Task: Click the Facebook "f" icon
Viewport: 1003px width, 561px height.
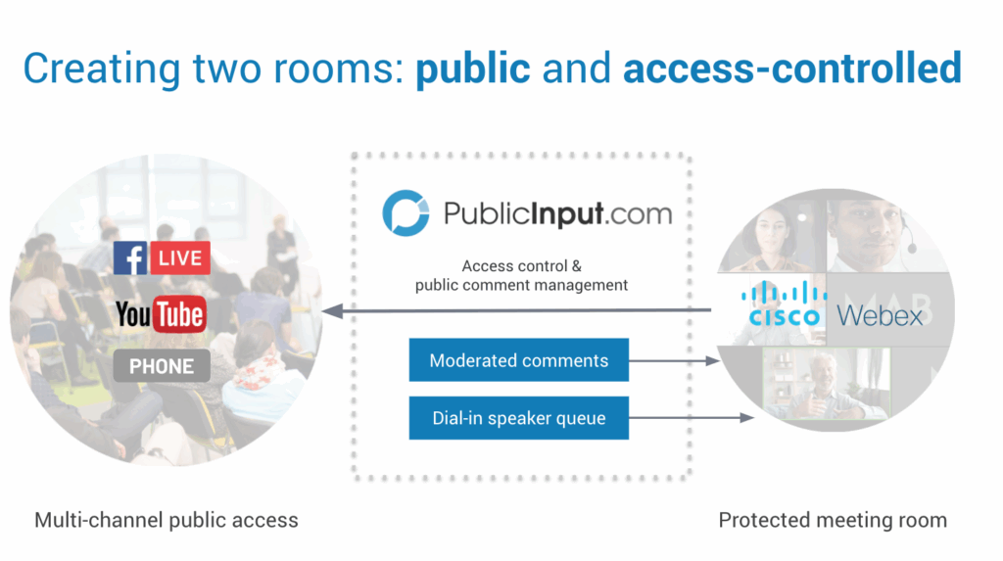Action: tap(130, 258)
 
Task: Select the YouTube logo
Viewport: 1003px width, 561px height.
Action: tap(160, 314)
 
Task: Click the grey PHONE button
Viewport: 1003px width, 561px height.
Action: tap(161, 366)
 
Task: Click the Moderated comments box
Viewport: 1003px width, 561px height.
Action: tap(518, 361)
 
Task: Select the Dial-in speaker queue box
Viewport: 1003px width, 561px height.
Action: tap(518, 419)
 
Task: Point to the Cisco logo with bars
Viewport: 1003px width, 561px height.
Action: tap(784, 304)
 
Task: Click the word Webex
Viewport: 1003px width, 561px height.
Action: tap(880, 315)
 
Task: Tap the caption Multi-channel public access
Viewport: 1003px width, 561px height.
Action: tap(166, 520)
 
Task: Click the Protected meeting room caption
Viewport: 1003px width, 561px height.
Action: tap(833, 520)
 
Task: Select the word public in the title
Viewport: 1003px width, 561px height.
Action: tap(473, 69)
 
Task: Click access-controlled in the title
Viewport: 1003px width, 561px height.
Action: tap(791, 69)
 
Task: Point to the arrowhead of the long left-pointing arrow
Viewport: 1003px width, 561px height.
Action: tap(330, 311)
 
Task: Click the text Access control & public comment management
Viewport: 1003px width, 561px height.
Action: tap(520, 275)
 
